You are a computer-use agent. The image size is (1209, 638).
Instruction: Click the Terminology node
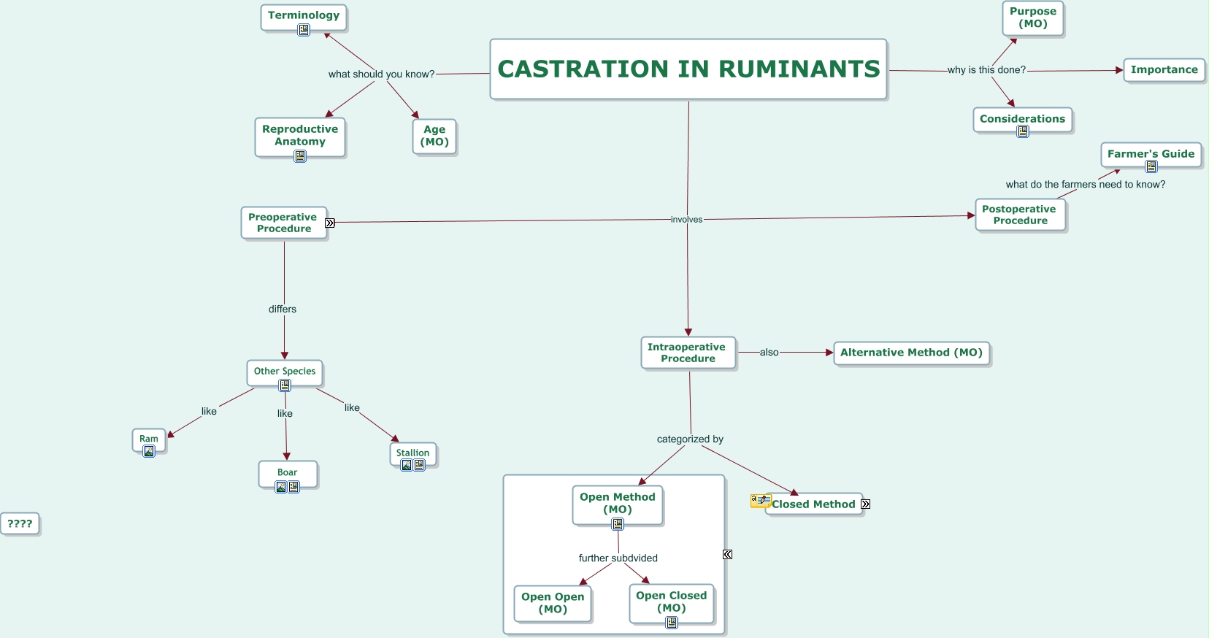click(304, 16)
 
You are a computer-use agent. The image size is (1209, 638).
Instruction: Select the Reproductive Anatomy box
click(300, 135)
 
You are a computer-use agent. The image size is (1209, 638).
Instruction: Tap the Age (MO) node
click(434, 136)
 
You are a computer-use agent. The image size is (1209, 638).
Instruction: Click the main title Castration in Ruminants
click(688, 69)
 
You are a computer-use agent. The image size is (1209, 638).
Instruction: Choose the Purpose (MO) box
click(1033, 18)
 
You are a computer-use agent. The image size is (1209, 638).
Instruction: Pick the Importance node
click(1164, 70)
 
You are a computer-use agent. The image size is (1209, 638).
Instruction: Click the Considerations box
click(1022, 119)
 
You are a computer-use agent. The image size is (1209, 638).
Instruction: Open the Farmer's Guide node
click(1151, 154)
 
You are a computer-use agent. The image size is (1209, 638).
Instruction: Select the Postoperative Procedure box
click(1019, 215)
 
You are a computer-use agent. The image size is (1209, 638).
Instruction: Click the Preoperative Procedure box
click(283, 223)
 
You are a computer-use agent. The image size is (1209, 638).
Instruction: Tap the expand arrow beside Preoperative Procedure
click(330, 223)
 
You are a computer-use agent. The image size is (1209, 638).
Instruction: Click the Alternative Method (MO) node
click(911, 353)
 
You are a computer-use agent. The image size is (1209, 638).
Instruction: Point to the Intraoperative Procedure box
click(688, 353)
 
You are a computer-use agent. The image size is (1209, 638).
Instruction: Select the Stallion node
click(412, 453)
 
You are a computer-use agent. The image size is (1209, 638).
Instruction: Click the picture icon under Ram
click(149, 451)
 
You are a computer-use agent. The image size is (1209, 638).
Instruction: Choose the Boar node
click(288, 472)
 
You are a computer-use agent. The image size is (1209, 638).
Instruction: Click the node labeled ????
click(20, 523)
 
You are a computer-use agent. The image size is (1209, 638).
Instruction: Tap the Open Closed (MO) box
click(671, 602)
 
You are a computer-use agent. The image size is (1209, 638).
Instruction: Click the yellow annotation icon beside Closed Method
click(761, 500)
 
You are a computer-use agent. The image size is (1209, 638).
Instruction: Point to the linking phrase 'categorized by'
click(690, 439)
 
